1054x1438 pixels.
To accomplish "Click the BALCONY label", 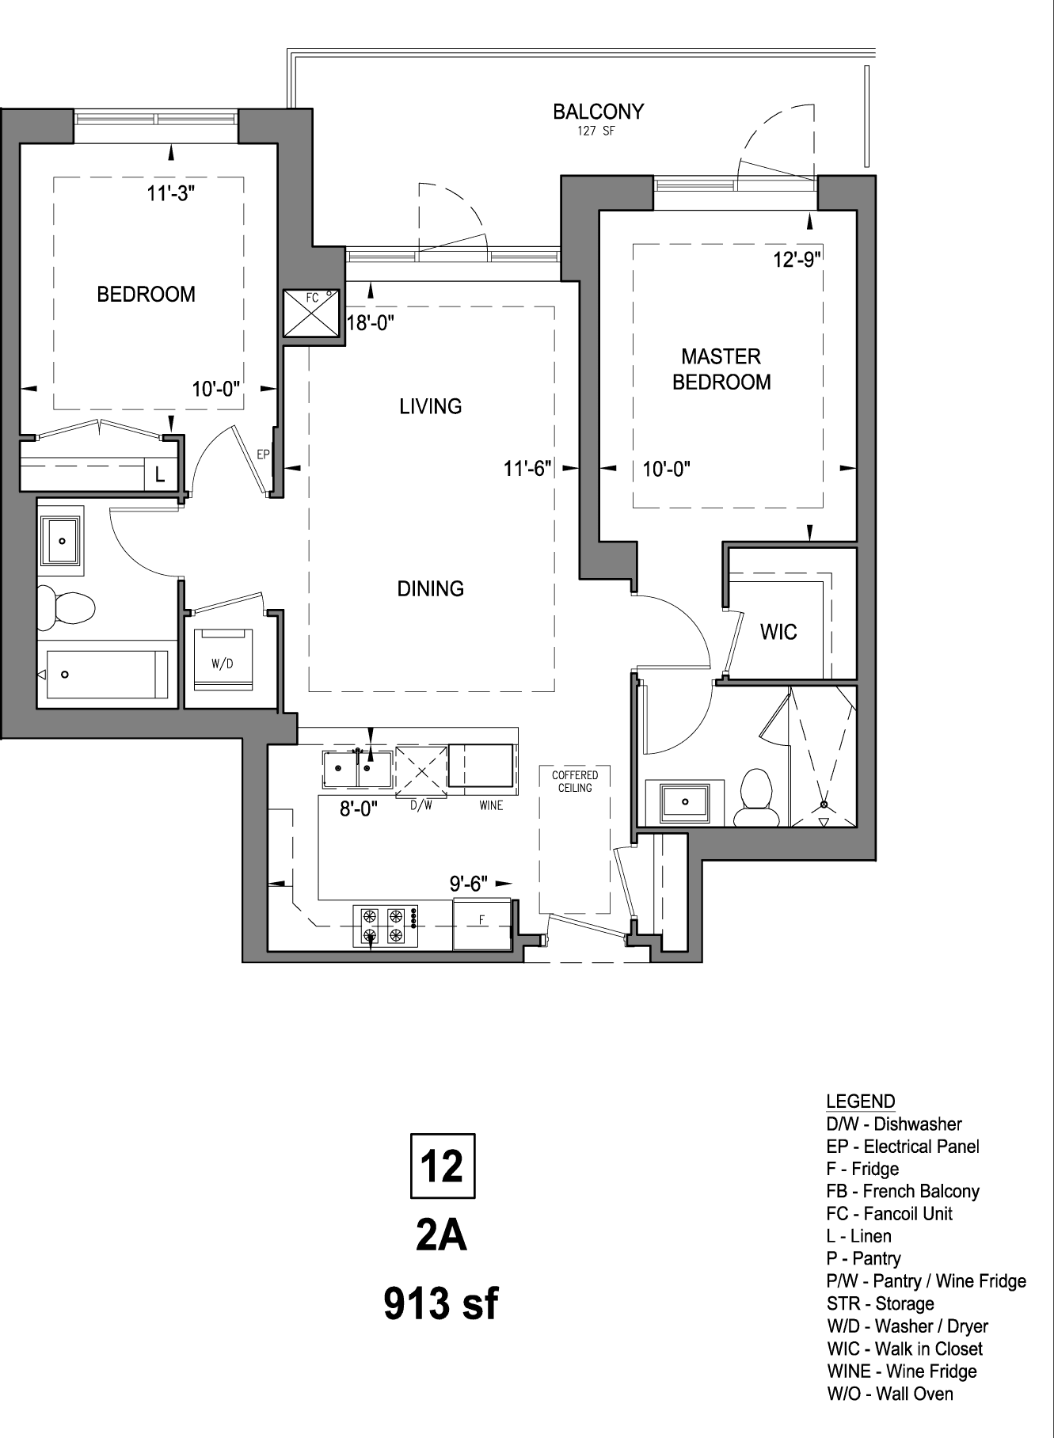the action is coord(598,112).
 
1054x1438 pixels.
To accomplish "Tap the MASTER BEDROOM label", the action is coord(721,369).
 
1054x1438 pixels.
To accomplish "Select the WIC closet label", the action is coord(778,632).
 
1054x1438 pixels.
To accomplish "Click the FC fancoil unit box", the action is coord(313,313).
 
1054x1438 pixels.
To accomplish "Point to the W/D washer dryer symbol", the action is coord(223,660).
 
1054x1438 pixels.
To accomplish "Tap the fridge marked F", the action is coord(482,924).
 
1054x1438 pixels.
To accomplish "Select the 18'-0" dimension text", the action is coord(371,322).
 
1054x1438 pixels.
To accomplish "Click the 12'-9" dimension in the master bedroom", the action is coord(797,260).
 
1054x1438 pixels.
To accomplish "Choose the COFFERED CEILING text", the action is coord(575,782).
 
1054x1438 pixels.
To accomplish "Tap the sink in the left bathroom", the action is coord(60,541).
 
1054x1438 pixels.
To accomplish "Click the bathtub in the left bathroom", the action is coord(107,675).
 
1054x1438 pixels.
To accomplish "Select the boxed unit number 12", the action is coord(442,1166).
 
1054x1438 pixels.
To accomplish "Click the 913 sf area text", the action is coord(441,1304).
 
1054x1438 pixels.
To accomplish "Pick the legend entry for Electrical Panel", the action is coord(903,1147).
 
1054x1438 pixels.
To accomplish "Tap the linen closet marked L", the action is coord(160,475).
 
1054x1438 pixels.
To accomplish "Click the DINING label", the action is coord(431,588).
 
